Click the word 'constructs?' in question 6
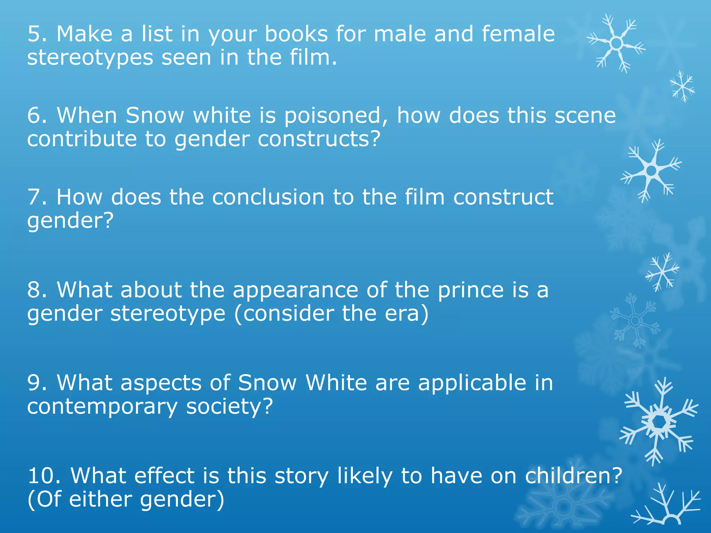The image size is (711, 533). pyautogui.click(x=319, y=139)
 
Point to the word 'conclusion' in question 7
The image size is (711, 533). pyautogui.click(x=268, y=197)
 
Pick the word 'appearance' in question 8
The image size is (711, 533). pyautogui.click(x=295, y=290)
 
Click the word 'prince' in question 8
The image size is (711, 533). pyautogui.click(x=470, y=290)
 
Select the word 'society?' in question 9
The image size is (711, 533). pyautogui.click(x=229, y=407)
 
